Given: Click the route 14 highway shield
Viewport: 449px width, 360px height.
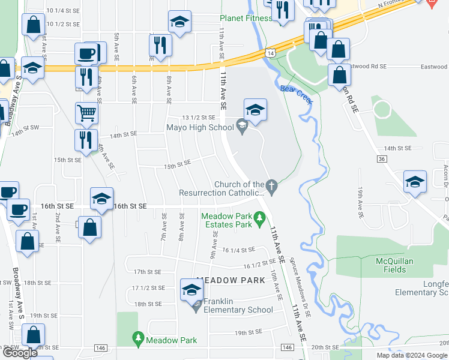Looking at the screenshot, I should click(272, 53).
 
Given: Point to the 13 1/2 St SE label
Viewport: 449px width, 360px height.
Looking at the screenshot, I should click(199, 118).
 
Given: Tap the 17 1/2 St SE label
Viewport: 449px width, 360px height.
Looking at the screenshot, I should click(148, 288).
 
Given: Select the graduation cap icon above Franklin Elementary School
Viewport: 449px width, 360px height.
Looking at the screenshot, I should click(192, 289).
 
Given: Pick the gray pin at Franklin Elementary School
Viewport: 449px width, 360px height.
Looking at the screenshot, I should click(196, 306).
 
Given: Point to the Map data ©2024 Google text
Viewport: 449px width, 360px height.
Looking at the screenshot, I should click(411, 355).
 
